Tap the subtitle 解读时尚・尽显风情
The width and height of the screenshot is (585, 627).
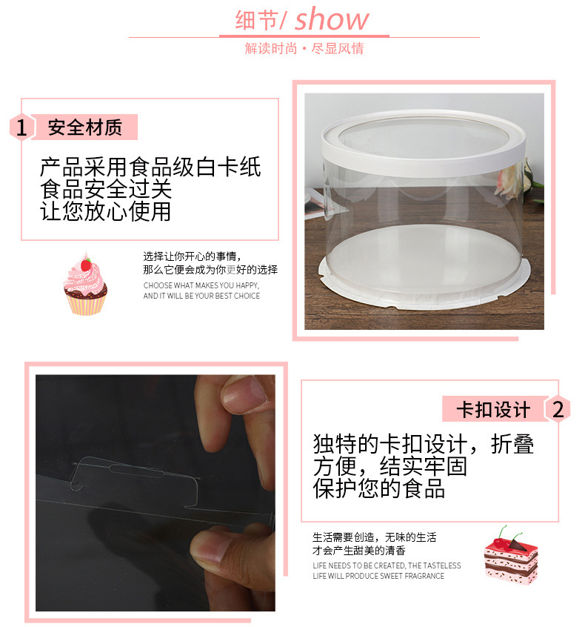pyautogui.click(x=304, y=49)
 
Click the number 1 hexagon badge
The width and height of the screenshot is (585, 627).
pyautogui.click(x=21, y=128)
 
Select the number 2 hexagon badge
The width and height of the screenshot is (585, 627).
pyautogui.click(x=558, y=409)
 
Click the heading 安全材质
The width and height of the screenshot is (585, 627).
pyautogui.click(x=84, y=127)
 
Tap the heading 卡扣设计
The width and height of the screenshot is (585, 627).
pyautogui.click(x=492, y=409)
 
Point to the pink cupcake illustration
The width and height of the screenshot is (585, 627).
pyautogui.click(x=85, y=287)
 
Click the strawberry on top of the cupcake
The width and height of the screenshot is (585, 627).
pyautogui.click(x=86, y=263)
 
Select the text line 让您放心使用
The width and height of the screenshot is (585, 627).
pyautogui.click(x=105, y=211)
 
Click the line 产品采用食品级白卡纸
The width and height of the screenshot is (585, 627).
pyautogui.click(x=150, y=167)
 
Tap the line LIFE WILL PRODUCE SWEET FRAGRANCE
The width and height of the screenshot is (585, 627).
pyautogui.click(x=378, y=576)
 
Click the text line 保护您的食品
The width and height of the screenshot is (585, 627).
pyautogui.click(x=378, y=489)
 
